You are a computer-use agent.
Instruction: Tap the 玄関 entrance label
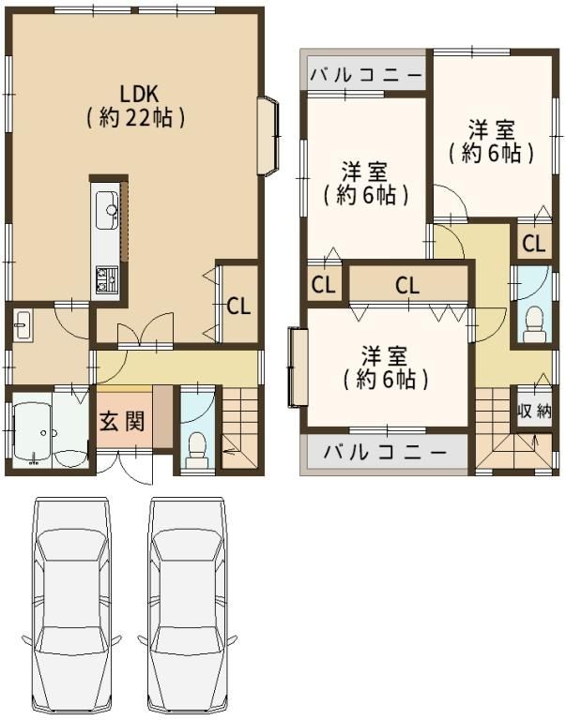(x=122, y=421)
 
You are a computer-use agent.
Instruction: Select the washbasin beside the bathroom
(x=23, y=325)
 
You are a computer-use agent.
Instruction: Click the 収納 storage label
(x=534, y=411)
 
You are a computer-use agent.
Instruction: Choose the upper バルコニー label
(x=365, y=74)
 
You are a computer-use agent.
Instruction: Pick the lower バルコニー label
(x=385, y=453)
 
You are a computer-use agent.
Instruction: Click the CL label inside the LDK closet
(x=238, y=307)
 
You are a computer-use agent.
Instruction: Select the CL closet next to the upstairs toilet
(x=534, y=244)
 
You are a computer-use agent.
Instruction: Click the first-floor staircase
(x=239, y=428)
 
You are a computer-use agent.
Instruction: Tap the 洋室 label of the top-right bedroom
(x=492, y=129)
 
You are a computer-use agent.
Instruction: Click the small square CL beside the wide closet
(x=324, y=285)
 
